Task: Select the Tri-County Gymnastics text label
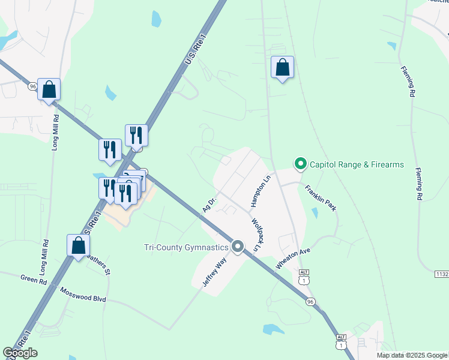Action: coord(186,247)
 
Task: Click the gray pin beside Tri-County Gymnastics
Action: coord(238,247)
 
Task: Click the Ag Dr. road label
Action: coord(208,202)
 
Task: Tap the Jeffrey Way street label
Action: coord(213,271)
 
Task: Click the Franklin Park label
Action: coord(321,197)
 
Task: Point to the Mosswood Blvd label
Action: coord(83,295)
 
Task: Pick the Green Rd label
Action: coord(34,279)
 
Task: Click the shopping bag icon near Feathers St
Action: coord(78,245)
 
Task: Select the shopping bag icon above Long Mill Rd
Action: coord(49,90)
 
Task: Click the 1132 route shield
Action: coord(442,274)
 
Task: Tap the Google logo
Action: coord(20,353)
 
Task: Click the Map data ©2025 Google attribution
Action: coord(412,355)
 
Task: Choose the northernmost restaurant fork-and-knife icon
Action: coord(136,136)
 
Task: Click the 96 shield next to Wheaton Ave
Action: coord(310,301)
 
